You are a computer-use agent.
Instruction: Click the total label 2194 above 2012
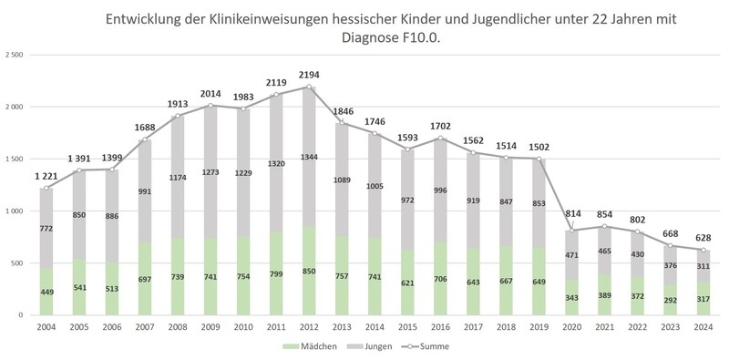tap(309, 75)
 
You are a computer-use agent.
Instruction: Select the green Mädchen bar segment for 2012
tap(309, 271)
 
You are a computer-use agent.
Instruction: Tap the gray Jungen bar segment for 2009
tap(210, 171)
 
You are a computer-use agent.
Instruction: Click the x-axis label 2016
tap(441, 327)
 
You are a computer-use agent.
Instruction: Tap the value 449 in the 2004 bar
tap(46, 293)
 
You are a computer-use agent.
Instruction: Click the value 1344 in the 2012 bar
tap(309, 156)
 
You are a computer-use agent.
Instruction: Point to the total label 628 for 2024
tap(703, 238)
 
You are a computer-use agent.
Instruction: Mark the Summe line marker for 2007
tap(145, 139)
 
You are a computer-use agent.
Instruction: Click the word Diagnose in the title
tap(366, 38)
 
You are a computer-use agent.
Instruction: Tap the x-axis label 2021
tap(605, 327)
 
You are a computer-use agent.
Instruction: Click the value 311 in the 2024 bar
tap(703, 267)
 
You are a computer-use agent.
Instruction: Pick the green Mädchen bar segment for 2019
tap(539, 281)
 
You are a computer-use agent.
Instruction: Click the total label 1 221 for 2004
tap(46, 176)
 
